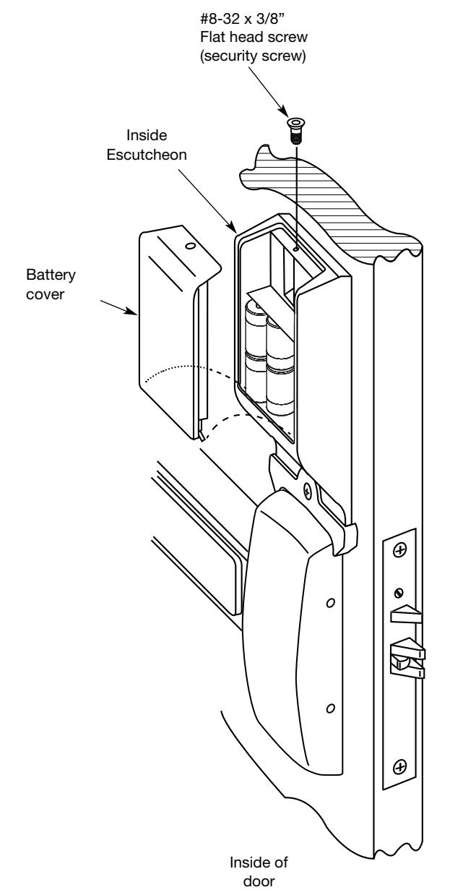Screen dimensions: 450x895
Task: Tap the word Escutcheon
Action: point(147,155)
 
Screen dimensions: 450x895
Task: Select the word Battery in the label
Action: point(51,275)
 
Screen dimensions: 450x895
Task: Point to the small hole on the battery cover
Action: point(191,246)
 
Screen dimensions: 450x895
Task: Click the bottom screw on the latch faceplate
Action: point(399,767)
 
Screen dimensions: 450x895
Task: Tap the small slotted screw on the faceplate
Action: point(399,593)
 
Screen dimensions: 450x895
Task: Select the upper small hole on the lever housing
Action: point(330,602)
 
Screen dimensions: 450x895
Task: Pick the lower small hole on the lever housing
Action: point(330,708)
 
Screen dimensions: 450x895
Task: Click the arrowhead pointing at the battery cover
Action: point(131,311)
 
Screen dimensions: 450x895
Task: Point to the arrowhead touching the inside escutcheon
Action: point(232,226)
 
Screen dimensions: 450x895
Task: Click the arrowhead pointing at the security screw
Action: point(283,111)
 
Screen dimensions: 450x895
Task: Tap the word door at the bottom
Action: point(259,881)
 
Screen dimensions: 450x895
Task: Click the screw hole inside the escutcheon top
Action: point(295,249)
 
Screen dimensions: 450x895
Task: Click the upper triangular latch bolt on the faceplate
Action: point(406,614)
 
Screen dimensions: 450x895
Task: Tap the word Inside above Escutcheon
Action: point(147,135)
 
